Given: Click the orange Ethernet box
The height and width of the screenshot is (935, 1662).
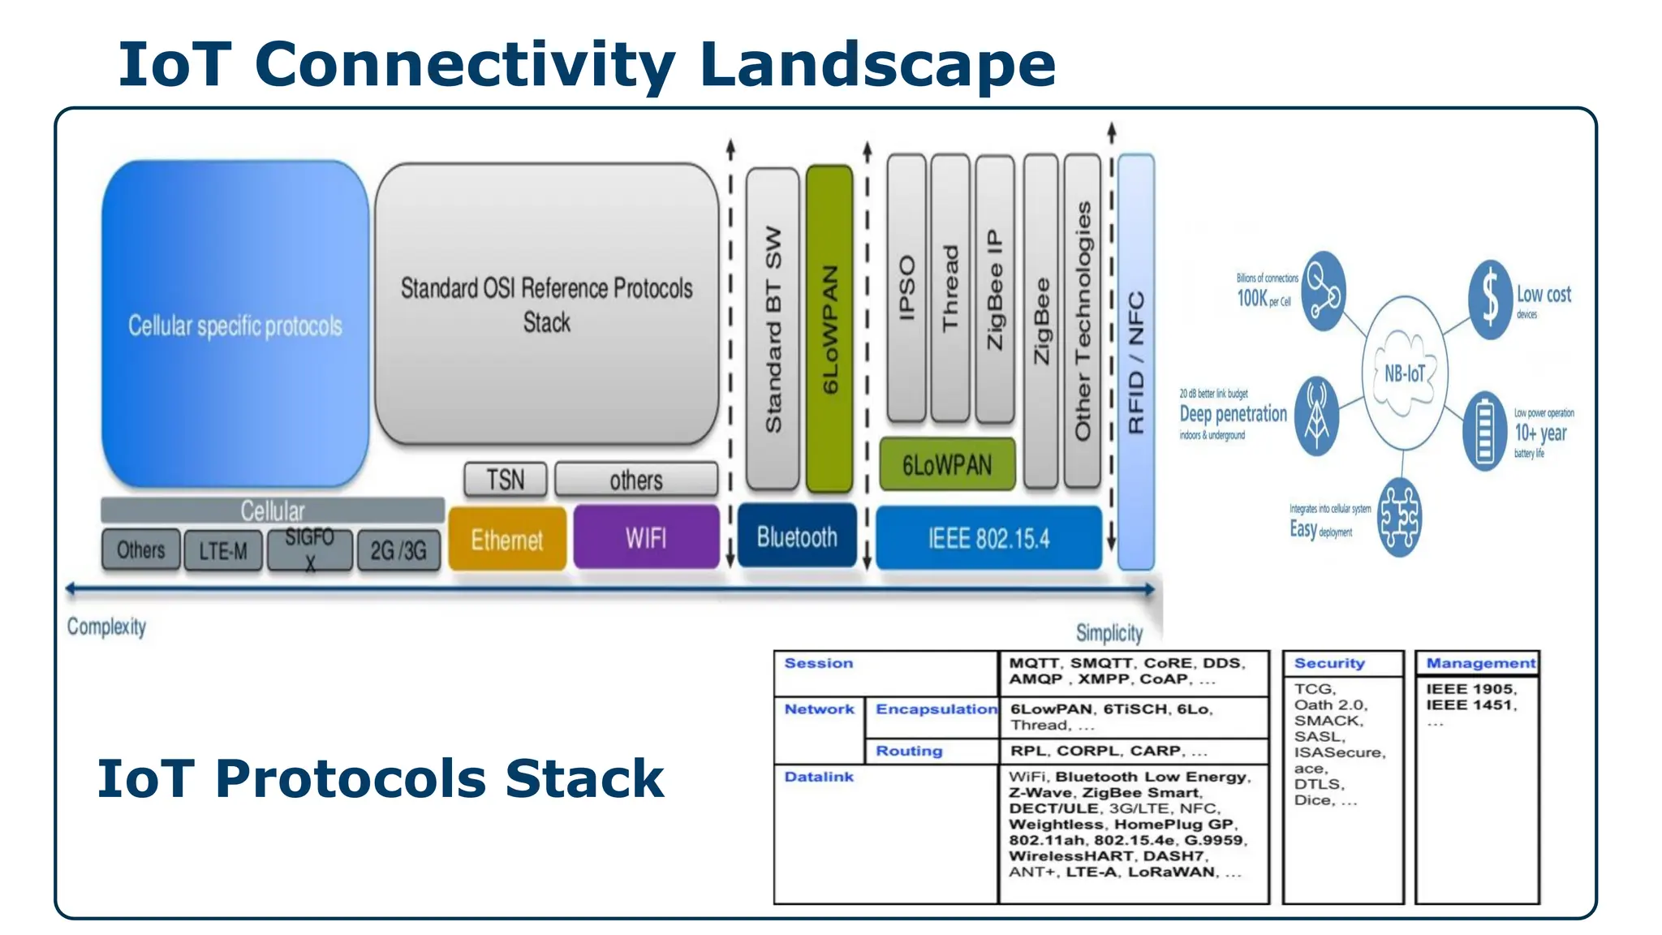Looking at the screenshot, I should [507, 539].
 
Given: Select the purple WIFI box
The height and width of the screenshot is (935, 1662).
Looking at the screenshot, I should [646, 537].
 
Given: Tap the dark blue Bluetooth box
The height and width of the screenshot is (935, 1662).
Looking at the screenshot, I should [797, 536].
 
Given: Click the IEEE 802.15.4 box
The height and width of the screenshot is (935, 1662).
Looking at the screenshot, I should [988, 538].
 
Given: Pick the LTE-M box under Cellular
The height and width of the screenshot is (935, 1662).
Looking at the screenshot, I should [223, 551].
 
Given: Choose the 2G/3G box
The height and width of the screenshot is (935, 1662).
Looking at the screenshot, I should [398, 551].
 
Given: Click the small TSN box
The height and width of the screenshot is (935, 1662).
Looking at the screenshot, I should [505, 480].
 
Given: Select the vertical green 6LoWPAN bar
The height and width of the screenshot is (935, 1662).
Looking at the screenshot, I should [829, 329].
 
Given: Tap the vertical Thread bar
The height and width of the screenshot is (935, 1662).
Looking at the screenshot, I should [949, 288].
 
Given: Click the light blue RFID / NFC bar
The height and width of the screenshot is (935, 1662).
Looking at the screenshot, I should [1135, 361].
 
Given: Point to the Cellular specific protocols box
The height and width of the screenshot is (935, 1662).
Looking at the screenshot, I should [235, 325].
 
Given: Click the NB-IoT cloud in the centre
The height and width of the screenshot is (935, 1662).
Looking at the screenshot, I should [1405, 373].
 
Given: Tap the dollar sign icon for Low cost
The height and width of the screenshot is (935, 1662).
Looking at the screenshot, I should [1490, 299].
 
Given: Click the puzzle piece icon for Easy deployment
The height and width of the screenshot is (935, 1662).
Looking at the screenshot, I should [1399, 517].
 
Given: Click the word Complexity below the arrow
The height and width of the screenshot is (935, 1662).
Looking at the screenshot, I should [106, 627].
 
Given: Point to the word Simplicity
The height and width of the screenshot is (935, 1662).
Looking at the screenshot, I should [1109, 632].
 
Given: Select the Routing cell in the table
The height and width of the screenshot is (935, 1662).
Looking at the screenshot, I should [909, 751].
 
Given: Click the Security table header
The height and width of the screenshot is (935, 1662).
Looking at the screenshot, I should [1329, 663].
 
